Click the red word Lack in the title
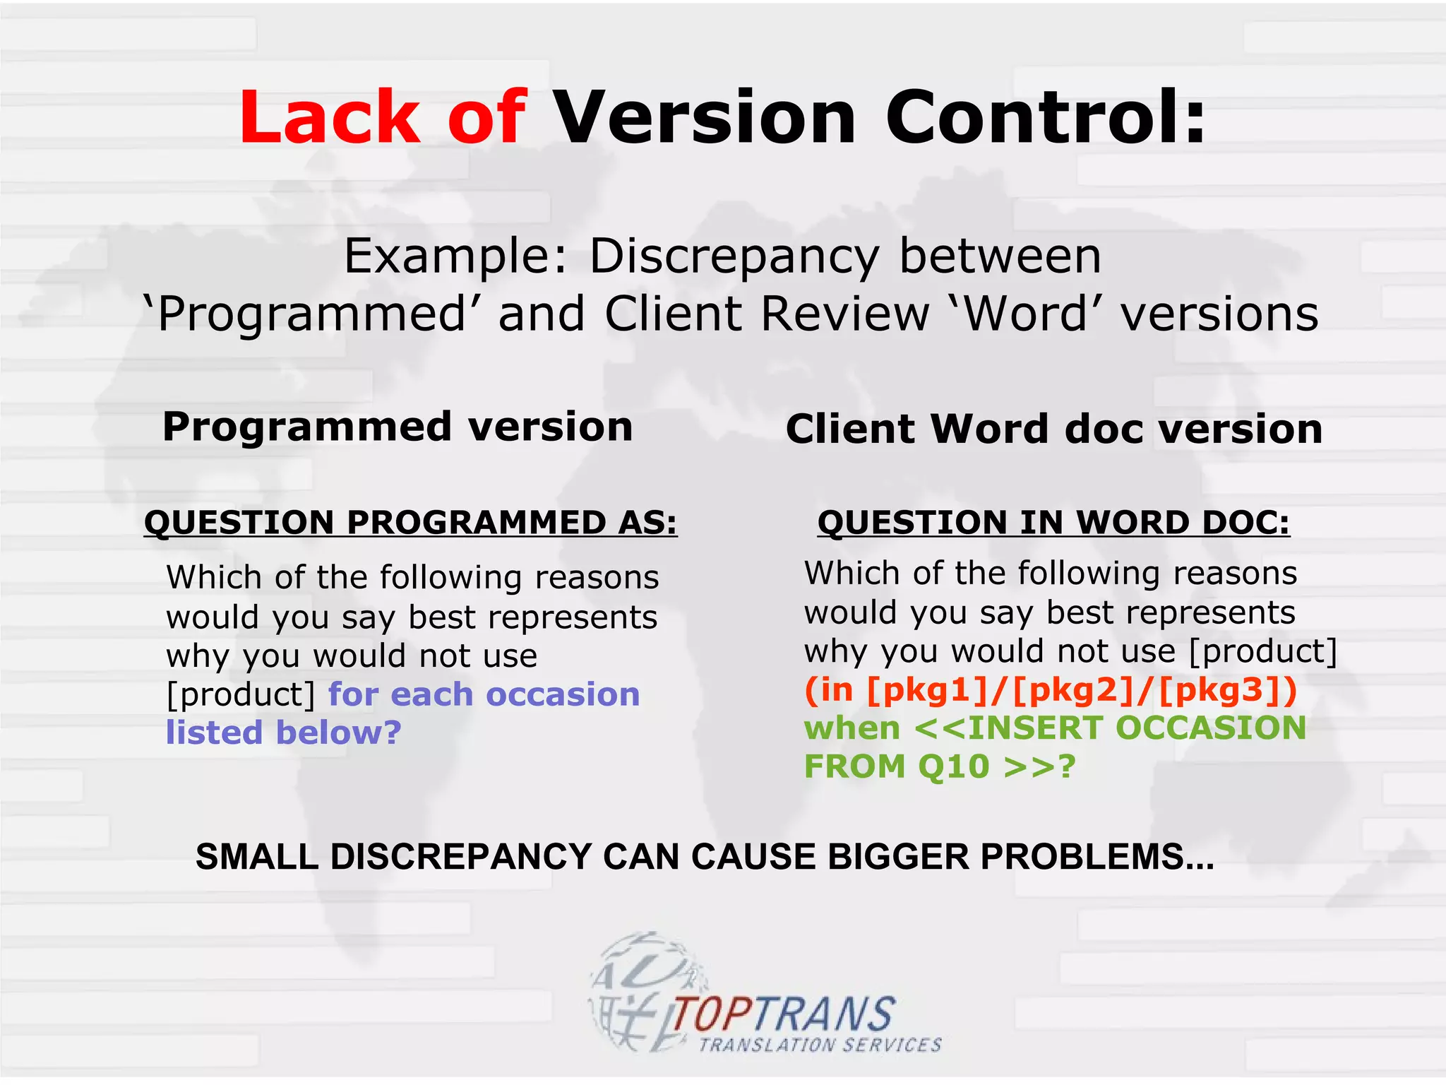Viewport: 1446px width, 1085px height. [x=329, y=117]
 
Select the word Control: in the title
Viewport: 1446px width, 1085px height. [x=1045, y=117]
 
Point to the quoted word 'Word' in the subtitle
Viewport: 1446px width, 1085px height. [x=1027, y=314]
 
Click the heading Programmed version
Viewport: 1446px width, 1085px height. [x=398, y=427]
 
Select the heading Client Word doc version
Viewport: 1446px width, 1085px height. [x=1053, y=429]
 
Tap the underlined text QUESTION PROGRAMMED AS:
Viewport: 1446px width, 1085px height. [x=410, y=523]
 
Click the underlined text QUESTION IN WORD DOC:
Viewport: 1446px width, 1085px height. [x=1053, y=523]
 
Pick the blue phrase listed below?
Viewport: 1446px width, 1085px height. [x=283, y=733]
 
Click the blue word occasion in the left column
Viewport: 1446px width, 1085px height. [x=563, y=694]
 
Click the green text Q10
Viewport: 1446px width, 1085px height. [x=953, y=766]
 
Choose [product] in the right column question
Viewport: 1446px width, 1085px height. [x=1263, y=651]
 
